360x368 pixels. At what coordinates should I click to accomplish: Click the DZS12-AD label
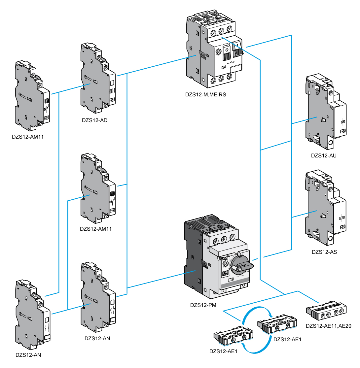point(95,120)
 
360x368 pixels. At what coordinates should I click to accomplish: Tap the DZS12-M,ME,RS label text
point(206,95)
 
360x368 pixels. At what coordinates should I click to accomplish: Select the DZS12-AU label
point(324,155)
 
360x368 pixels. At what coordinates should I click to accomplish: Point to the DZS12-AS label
point(324,252)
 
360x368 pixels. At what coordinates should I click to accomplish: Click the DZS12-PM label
point(203,305)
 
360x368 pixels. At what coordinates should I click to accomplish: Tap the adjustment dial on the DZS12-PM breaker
point(226,264)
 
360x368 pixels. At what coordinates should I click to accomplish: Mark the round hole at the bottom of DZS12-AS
point(330,239)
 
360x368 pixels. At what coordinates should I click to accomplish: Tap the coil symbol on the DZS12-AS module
point(342,218)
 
